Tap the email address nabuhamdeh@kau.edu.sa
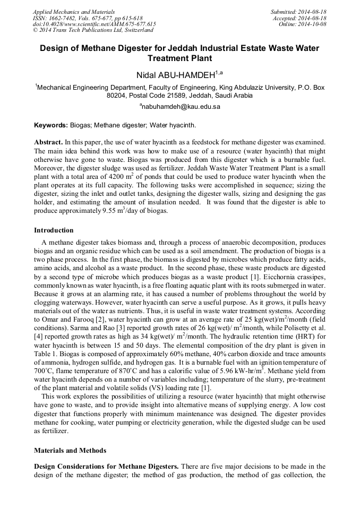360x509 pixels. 179,107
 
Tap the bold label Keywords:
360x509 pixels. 51,125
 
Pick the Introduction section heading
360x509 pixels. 54,230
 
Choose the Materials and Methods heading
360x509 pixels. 70,450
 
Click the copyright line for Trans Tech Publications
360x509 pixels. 93,31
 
